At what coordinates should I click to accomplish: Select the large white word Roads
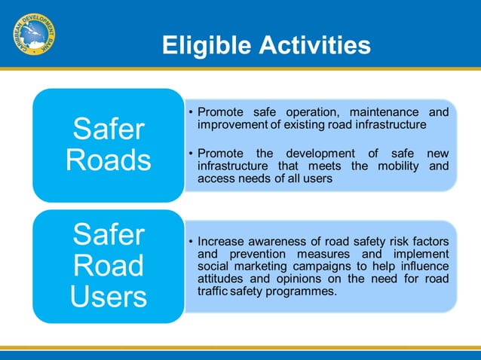pos(109,160)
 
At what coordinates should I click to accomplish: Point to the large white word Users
pos(109,296)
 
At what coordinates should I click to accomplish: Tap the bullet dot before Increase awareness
pos(191,242)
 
